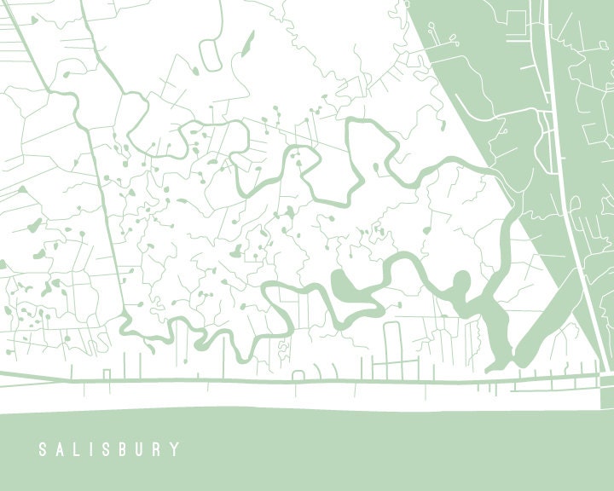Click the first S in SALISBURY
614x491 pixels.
coord(42,449)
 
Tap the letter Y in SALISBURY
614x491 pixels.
coord(177,449)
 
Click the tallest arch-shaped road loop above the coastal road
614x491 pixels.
coord(392,349)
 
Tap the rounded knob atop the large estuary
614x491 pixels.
coord(461,281)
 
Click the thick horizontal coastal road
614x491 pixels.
coord(256,380)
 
